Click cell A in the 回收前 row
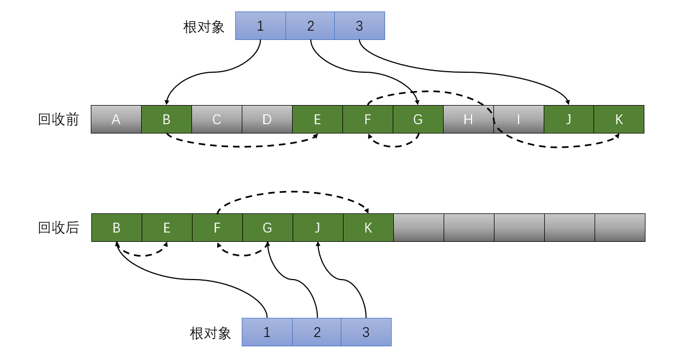point(116,119)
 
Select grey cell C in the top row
point(217,119)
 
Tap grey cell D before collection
point(267,119)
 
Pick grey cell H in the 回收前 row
point(468,119)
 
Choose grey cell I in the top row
point(519,119)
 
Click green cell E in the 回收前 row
point(317,119)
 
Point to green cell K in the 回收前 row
point(619,119)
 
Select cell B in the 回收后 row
point(117,228)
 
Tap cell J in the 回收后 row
point(318,228)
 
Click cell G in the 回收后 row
point(267,228)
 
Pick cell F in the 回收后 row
point(217,228)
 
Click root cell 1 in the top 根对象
point(260,26)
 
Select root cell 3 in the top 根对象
point(359,26)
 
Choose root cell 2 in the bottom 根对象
point(317,332)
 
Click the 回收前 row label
point(59,120)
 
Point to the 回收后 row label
point(59,228)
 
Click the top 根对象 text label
point(204,27)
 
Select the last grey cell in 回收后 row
point(620,228)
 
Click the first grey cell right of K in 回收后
point(418,228)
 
